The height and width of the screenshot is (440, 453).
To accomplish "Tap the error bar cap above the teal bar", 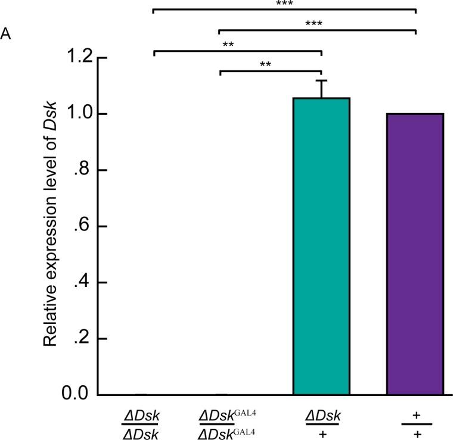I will [x=321, y=80].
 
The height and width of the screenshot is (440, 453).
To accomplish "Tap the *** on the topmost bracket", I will [x=284, y=3].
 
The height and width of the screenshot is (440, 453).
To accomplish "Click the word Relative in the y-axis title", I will [x=51, y=315].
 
